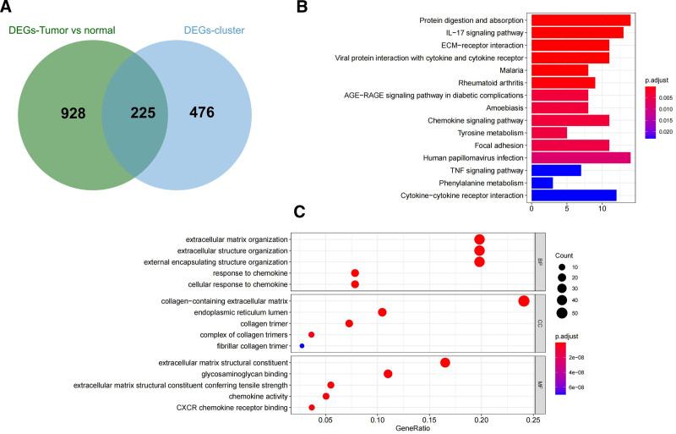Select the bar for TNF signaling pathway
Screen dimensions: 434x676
point(556,170)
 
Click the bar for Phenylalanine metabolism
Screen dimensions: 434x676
point(542,183)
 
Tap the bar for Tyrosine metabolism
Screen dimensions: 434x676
point(549,133)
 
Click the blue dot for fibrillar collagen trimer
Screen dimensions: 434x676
point(302,347)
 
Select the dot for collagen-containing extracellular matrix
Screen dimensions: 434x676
point(523,300)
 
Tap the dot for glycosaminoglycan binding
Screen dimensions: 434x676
point(388,374)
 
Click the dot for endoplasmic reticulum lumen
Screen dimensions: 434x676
point(382,312)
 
